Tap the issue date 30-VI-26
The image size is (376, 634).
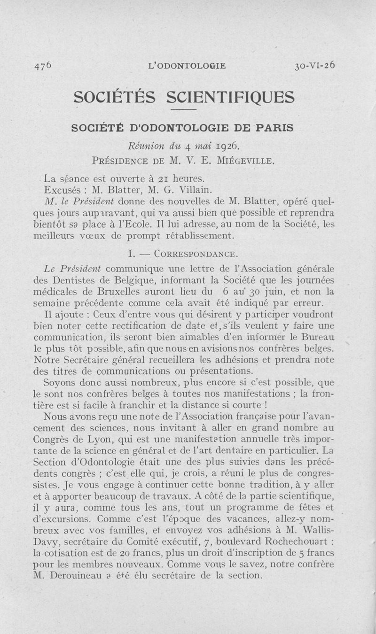coord(315,65)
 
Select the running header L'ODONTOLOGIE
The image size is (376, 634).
coord(187,66)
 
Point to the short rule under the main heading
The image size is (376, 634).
coord(183,110)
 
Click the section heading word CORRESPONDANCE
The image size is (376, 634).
coord(194,254)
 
